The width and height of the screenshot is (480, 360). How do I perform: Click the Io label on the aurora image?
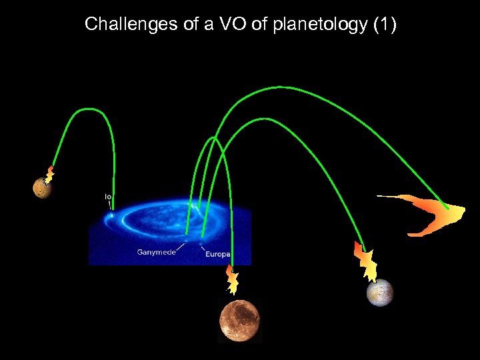[108, 197]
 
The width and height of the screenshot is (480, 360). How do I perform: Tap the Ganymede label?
[156, 252]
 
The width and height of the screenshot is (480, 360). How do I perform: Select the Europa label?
[217, 254]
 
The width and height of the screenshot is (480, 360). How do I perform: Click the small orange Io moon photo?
[42, 189]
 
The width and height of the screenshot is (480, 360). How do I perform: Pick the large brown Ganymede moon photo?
[239, 320]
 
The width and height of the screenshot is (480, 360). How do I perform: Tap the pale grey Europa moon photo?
[380, 292]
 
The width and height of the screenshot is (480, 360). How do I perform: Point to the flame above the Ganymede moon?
[232, 280]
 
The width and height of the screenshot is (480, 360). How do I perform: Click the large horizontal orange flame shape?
[427, 213]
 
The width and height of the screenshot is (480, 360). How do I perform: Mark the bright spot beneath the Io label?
[111, 215]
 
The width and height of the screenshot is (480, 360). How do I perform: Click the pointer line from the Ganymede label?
[177, 245]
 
